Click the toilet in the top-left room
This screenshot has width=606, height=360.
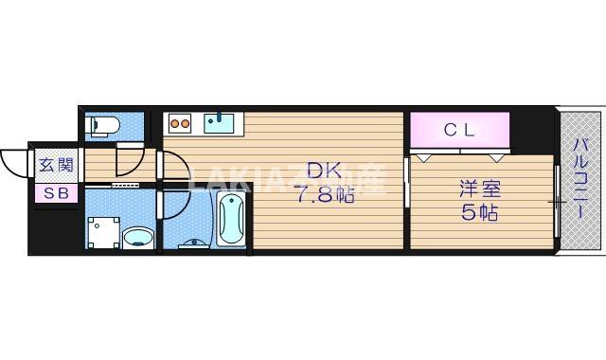coord(102,125)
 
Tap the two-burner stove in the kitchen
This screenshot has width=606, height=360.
coord(180,121)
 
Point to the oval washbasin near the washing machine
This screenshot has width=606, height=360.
coord(139,237)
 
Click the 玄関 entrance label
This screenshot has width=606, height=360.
coord(55,165)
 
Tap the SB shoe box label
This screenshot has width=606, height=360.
coord(55,192)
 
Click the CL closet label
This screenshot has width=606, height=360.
coord(460,130)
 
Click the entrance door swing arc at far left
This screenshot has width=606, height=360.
coord(13,161)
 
